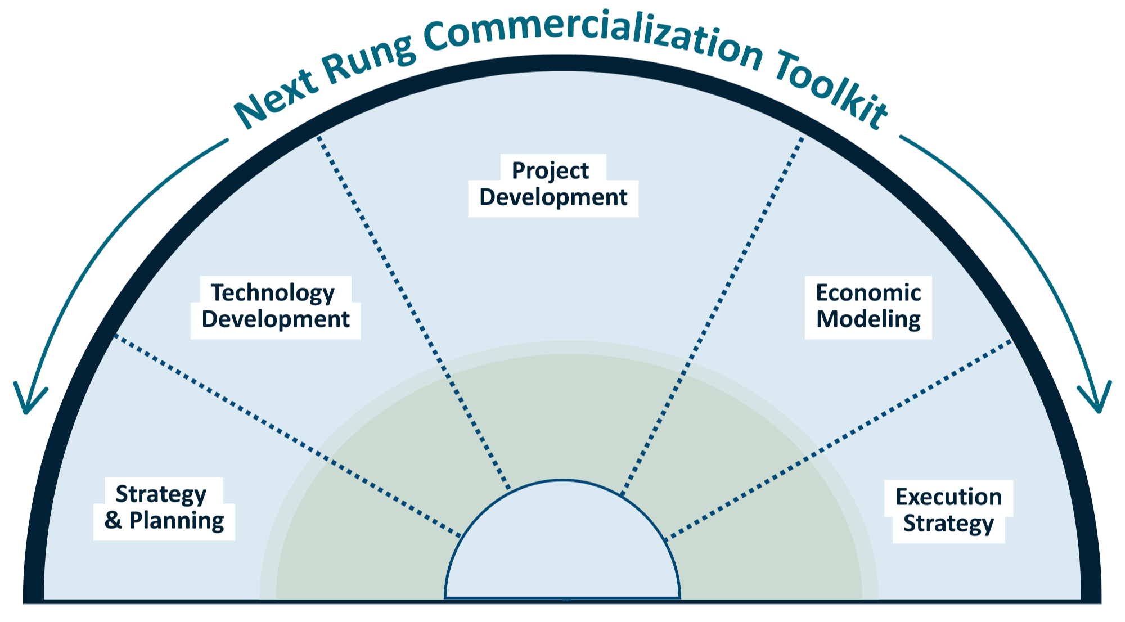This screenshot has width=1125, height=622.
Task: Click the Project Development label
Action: [553, 184]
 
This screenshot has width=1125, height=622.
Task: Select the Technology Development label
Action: [275, 307]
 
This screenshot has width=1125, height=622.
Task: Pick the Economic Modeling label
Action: [868, 307]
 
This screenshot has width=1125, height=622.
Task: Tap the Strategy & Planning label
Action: [164, 508]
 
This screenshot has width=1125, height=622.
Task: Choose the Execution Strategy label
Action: [948, 511]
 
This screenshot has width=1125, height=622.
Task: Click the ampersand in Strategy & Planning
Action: [112, 521]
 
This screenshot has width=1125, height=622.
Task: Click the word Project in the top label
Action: [550, 171]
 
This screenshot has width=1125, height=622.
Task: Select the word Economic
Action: [868, 293]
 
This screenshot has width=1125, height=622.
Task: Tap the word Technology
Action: [272, 294]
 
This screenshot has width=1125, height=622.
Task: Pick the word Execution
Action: [948, 497]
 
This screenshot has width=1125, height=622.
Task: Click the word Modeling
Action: [868, 320]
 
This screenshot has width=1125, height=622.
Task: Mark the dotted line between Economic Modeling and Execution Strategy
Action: [844, 439]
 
